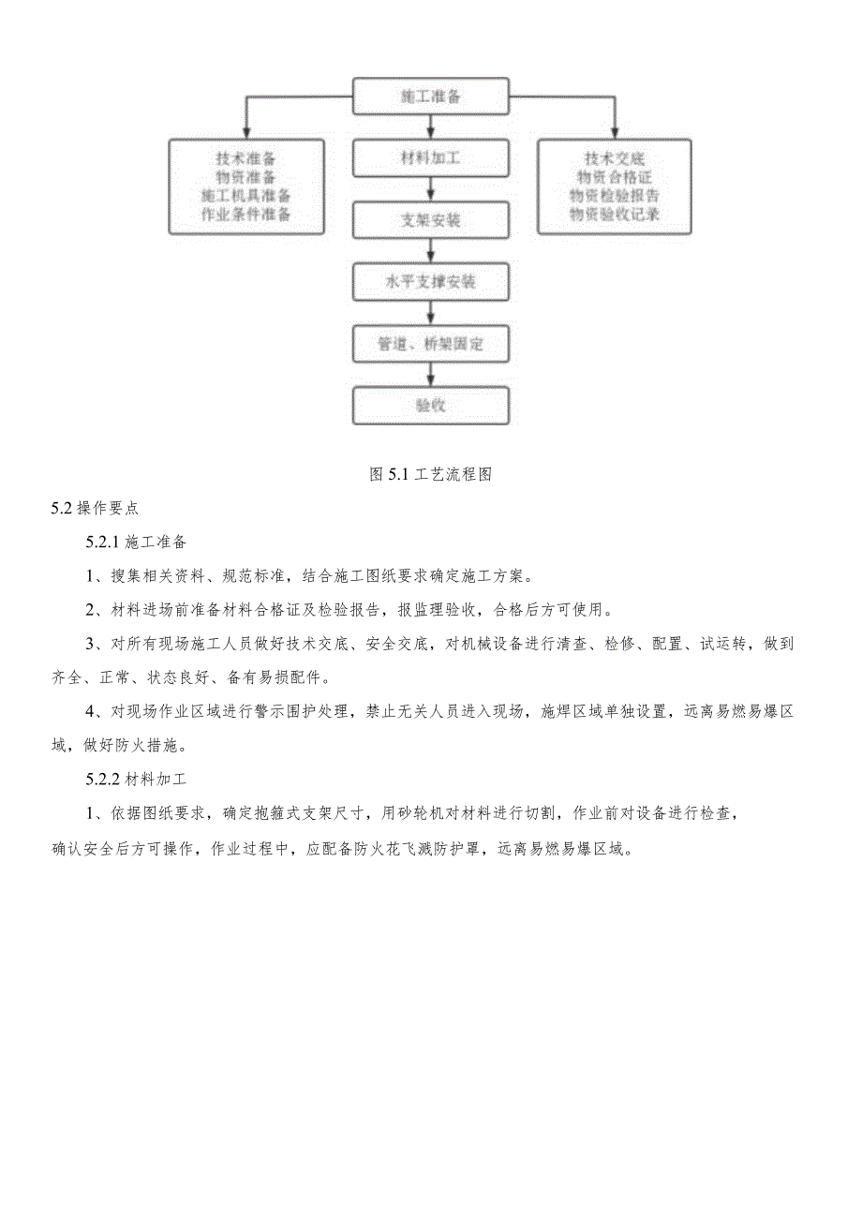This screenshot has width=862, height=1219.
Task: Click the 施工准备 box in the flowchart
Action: click(x=431, y=97)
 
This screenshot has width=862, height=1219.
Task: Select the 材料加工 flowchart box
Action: click(x=431, y=158)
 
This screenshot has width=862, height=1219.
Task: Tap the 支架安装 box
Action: click(x=431, y=221)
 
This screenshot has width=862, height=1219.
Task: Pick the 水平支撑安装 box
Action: click(x=431, y=282)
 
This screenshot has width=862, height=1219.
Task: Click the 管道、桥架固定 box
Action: click(x=431, y=344)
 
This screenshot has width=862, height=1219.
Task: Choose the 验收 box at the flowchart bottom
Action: click(x=431, y=406)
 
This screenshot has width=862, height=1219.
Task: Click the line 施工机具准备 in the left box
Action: click(x=246, y=196)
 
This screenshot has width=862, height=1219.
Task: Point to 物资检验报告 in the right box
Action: click(x=614, y=196)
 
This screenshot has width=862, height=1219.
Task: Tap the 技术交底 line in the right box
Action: click(x=614, y=159)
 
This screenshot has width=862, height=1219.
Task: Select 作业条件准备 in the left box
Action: click(x=246, y=215)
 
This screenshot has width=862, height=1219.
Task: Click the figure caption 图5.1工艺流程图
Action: click(x=431, y=474)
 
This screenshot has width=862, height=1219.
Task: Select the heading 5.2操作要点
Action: click(x=95, y=509)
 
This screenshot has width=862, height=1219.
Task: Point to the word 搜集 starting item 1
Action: click(x=126, y=576)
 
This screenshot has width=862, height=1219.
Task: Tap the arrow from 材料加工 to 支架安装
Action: click(x=431, y=190)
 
